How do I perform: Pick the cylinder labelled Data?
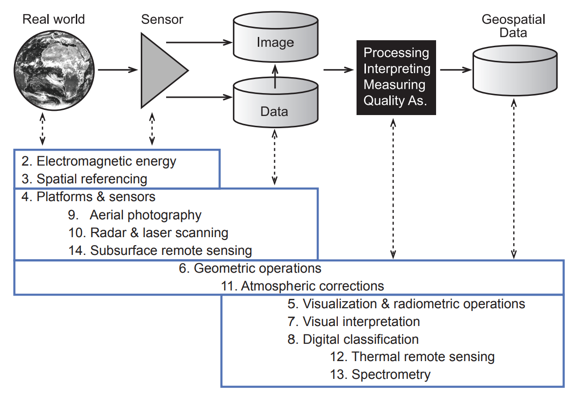point(275,105)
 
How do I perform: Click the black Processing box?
point(396,77)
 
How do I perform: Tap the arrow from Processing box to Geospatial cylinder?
point(454,70)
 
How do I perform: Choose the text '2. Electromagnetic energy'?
point(99,161)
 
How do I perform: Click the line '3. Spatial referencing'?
point(85,179)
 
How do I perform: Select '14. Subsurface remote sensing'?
point(160,250)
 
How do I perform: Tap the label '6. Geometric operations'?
point(257,268)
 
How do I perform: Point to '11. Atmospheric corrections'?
point(303,286)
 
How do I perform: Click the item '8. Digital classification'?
point(353,339)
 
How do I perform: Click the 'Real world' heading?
point(54,19)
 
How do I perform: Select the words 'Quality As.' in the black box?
point(396,101)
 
